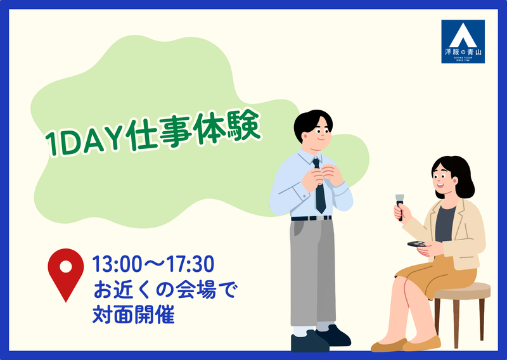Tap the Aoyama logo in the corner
click(x=463, y=42)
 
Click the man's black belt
click(x=311, y=218)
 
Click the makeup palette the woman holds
click(x=416, y=243)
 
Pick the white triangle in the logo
click(x=463, y=34)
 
